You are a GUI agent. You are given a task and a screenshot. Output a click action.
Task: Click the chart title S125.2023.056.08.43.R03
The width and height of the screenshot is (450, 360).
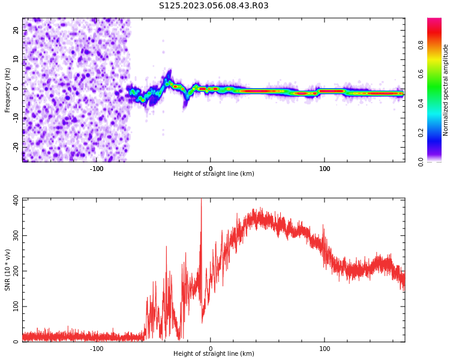coord(214,6)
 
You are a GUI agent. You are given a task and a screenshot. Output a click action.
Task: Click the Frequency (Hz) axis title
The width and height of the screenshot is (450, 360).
coord(8,90)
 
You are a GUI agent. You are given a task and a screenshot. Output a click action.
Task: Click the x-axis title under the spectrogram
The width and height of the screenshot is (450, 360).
coord(214,174)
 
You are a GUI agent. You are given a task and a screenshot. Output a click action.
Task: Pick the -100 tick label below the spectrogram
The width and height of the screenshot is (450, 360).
coord(97,169)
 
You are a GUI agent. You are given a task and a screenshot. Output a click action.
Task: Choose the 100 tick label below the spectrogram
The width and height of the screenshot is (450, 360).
coord(325,169)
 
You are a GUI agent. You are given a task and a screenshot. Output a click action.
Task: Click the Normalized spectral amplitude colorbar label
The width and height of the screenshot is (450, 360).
coord(446,90)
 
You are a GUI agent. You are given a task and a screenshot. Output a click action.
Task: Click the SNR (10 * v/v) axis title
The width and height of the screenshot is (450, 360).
coord(8,270)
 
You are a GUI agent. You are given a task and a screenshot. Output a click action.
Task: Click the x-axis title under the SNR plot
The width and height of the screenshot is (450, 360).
coord(214,354)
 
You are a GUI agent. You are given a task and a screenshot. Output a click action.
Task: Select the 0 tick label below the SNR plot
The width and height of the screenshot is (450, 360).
coord(211,349)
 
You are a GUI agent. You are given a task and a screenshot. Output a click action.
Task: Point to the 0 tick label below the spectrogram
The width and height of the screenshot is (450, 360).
coord(211,169)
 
